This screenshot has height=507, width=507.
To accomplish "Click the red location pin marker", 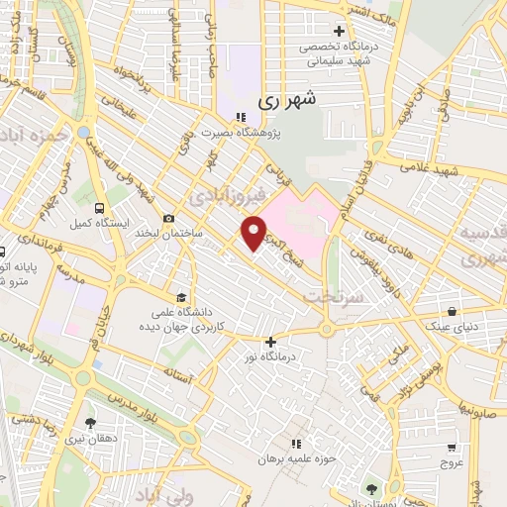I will [253, 234].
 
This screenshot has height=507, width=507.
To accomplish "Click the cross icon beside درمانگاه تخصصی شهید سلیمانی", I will [341, 31].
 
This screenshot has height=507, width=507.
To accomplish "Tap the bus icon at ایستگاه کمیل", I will [98, 208].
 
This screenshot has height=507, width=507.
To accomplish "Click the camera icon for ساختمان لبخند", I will [169, 218].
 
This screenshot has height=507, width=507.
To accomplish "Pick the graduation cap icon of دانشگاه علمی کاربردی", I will [180, 296].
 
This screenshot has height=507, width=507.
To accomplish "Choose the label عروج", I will [452, 460].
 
